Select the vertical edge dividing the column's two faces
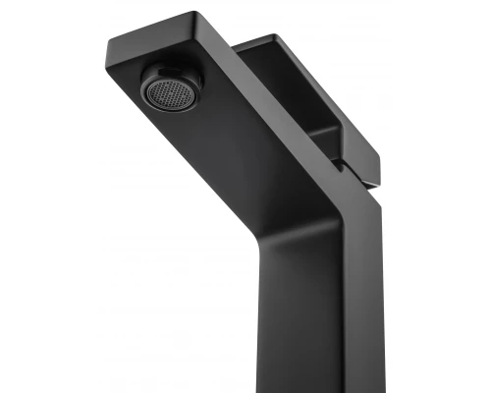pyautogui.click(x=349, y=295)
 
